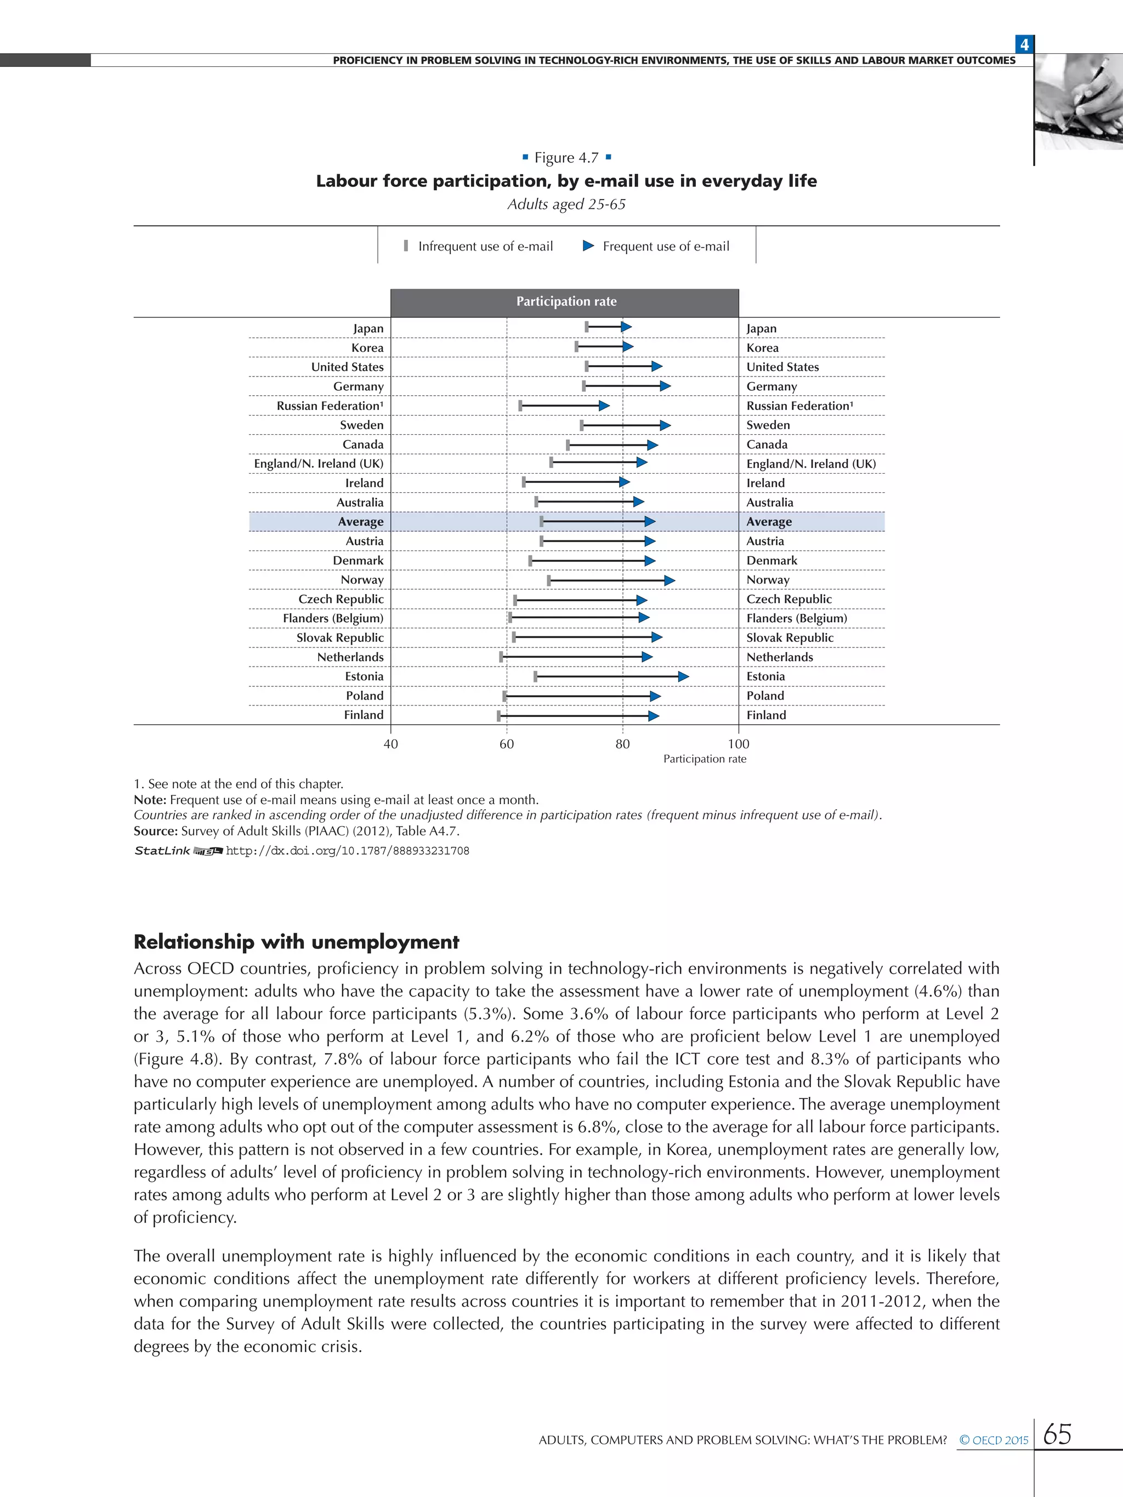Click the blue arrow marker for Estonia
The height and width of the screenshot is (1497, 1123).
pyautogui.click(x=683, y=677)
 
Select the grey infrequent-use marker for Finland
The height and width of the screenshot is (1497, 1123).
pyautogui.click(x=499, y=715)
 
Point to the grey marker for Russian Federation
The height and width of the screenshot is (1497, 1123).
pyautogui.click(x=520, y=406)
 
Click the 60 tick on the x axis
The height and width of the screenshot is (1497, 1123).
pyautogui.click(x=506, y=744)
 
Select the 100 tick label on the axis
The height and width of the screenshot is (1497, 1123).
pyautogui.click(x=739, y=744)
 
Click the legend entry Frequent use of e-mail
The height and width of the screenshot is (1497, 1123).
pyautogui.click(x=656, y=246)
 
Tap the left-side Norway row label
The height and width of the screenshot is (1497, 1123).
pyautogui.click(x=362, y=580)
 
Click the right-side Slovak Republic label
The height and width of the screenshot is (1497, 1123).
pyautogui.click(x=789, y=637)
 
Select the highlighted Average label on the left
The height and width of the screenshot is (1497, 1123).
pyautogui.click(x=361, y=522)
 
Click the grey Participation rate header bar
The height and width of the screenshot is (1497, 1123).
pyautogui.click(x=565, y=302)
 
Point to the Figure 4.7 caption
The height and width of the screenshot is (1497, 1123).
pyautogui.click(x=566, y=158)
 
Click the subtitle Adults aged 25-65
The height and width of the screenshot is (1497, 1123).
pyautogui.click(x=566, y=204)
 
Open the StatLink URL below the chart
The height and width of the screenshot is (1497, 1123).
pyautogui.click(x=347, y=851)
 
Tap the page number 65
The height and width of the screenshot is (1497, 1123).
pyautogui.click(x=1057, y=1433)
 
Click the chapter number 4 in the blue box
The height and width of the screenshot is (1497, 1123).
pyautogui.click(x=1024, y=44)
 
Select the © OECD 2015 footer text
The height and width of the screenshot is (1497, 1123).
pyautogui.click(x=993, y=1439)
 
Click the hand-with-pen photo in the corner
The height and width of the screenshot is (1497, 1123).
pyautogui.click(x=1079, y=101)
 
